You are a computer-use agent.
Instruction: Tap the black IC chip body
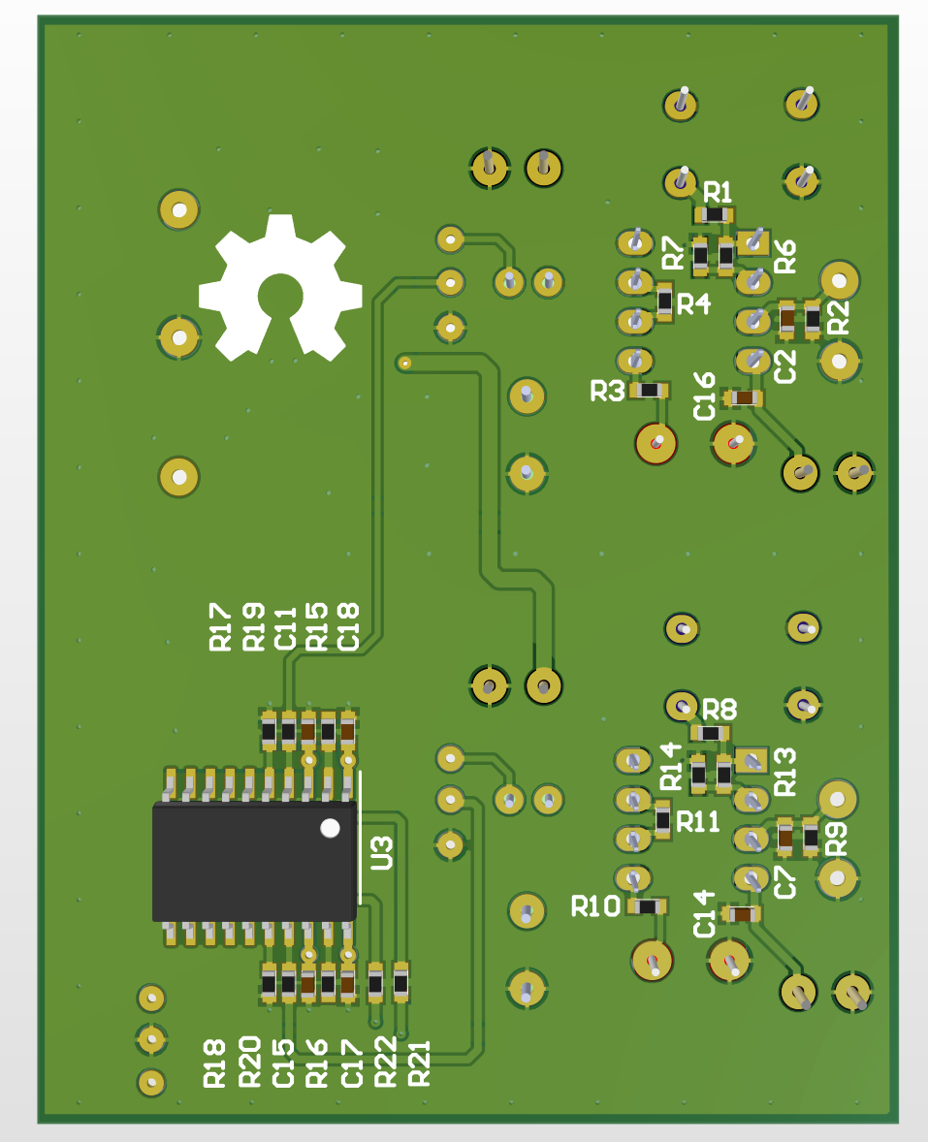click(x=254, y=861)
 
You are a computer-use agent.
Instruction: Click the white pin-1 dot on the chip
click(x=331, y=828)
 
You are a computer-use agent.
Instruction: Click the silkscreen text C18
click(x=348, y=626)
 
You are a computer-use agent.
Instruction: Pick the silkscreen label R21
click(x=419, y=1062)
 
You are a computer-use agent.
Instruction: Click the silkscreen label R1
click(x=719, y=190)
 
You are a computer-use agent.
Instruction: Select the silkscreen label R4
click(x=693, y=304)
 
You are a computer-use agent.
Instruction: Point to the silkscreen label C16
click(x=705, y=396)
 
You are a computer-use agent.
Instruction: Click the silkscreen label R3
click(x=608, y=392)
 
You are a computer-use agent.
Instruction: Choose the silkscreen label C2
click(x=784, y=366)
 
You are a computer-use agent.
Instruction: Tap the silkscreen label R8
click(x=720, y=708)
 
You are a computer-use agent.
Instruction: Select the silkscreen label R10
click(x=595, y=907)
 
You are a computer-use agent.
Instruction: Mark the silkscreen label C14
click(x=705, y=913)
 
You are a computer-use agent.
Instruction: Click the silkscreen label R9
click(x=836, y=838)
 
